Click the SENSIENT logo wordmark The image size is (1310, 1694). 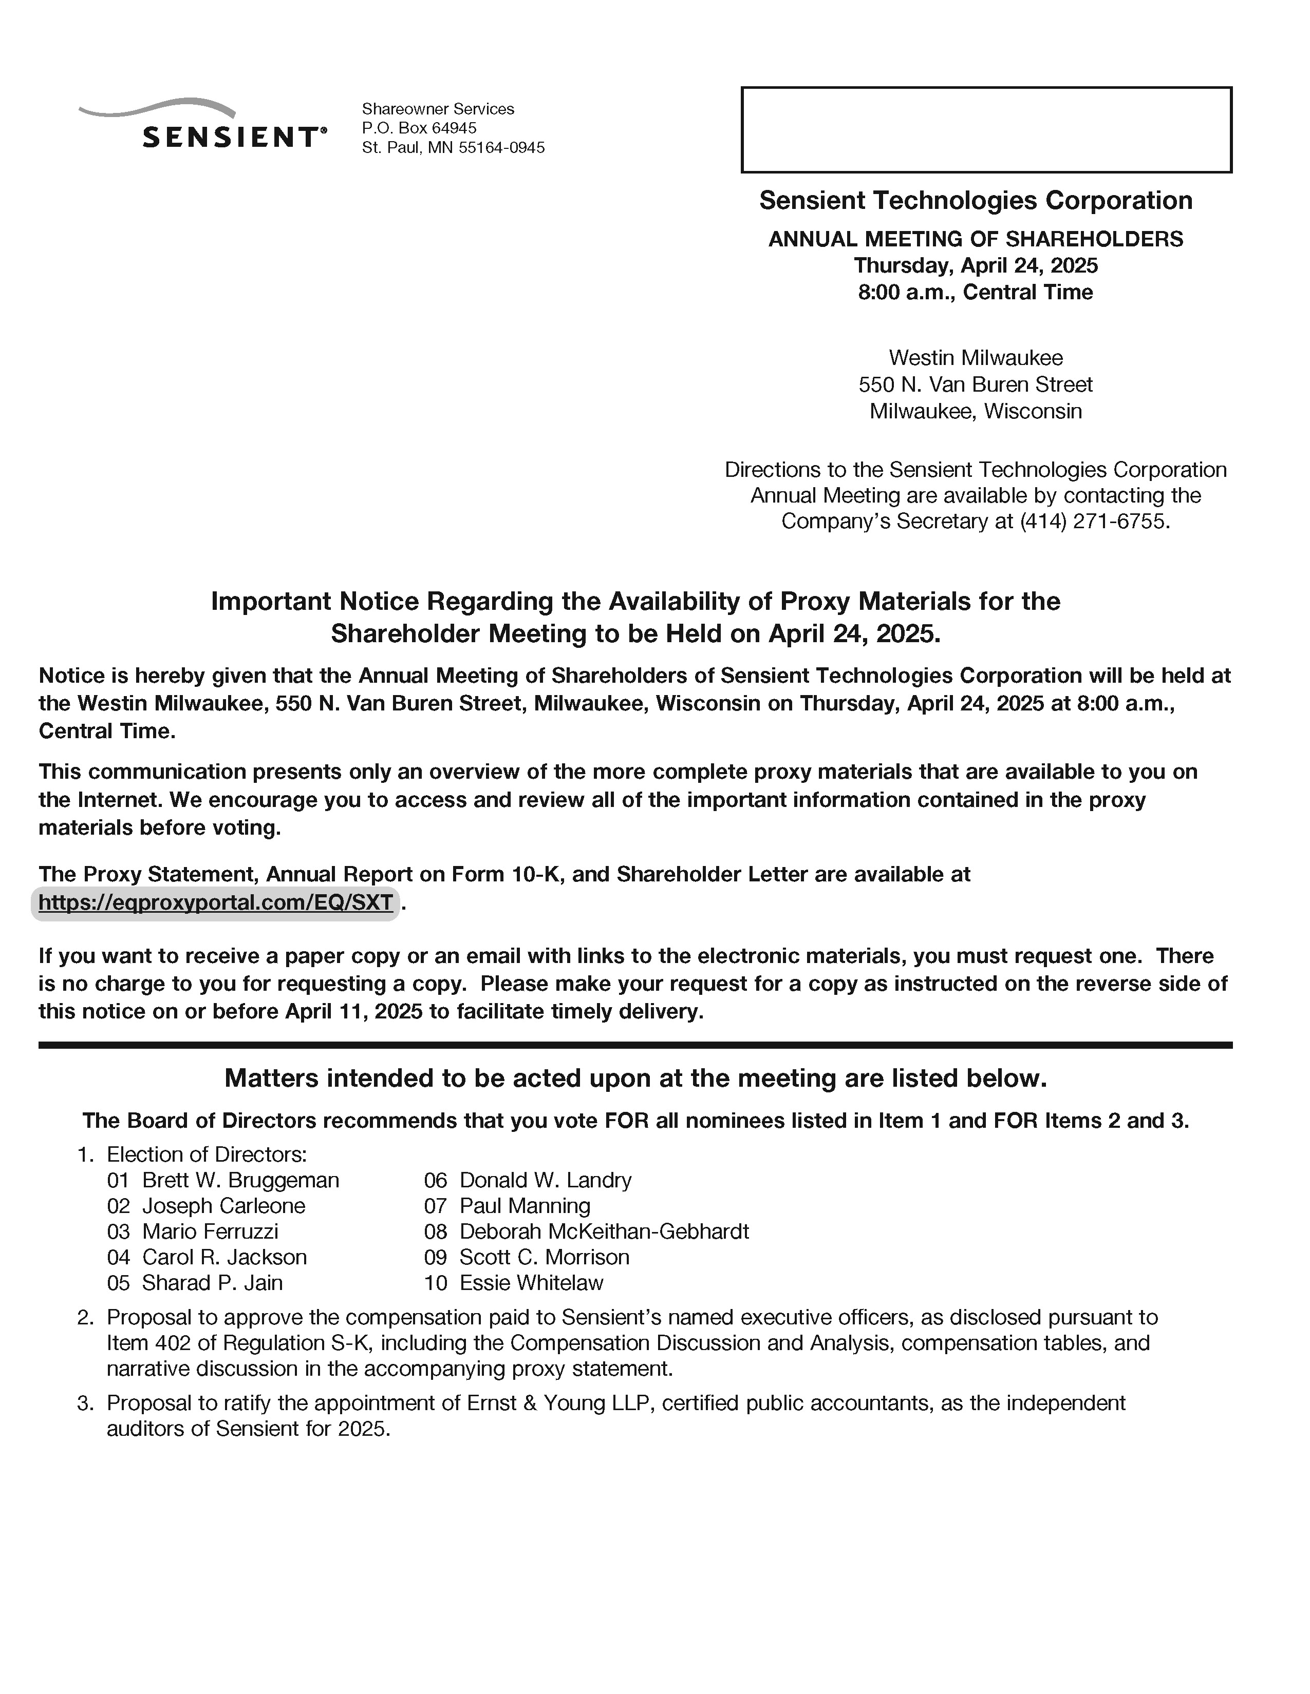(230, 137)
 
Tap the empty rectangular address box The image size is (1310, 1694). (986, 129)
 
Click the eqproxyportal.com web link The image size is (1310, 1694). (215, 903)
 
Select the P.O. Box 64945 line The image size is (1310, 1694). (419, 128)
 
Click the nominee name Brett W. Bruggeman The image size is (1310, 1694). (240, 1180)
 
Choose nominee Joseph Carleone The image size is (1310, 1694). (223, 1205)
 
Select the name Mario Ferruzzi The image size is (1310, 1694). (210, 1231)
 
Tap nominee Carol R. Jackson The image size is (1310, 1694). (224, 1257)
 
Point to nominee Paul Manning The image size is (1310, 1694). (525, 1205)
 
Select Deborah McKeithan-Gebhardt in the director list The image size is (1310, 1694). (604, 1231)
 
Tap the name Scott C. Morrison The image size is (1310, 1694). (544, 1257)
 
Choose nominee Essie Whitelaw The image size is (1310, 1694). (531, 1282)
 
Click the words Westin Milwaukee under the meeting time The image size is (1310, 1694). (976, 358)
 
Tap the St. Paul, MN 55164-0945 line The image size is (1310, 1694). (453, 147)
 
